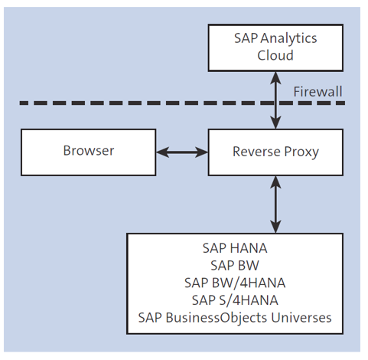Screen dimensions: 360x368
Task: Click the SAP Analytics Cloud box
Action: pos(275,46)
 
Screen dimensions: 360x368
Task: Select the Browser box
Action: pos(88,151)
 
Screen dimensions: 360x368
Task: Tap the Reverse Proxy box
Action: pos(275,151)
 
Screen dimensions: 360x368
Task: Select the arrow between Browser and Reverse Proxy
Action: pos(183,152)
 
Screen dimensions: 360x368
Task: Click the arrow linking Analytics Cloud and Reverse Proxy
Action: pos(275,100)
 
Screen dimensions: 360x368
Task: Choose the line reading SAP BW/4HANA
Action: pos(235,283)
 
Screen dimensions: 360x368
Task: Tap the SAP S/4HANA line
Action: pos(235,299)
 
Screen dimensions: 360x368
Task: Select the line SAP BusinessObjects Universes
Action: pos(235,317)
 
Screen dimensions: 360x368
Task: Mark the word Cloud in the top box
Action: pos(275,55)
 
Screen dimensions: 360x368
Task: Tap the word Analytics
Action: pos(288,38)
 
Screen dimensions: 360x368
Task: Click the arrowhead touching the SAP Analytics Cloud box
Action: pos(275,75)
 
